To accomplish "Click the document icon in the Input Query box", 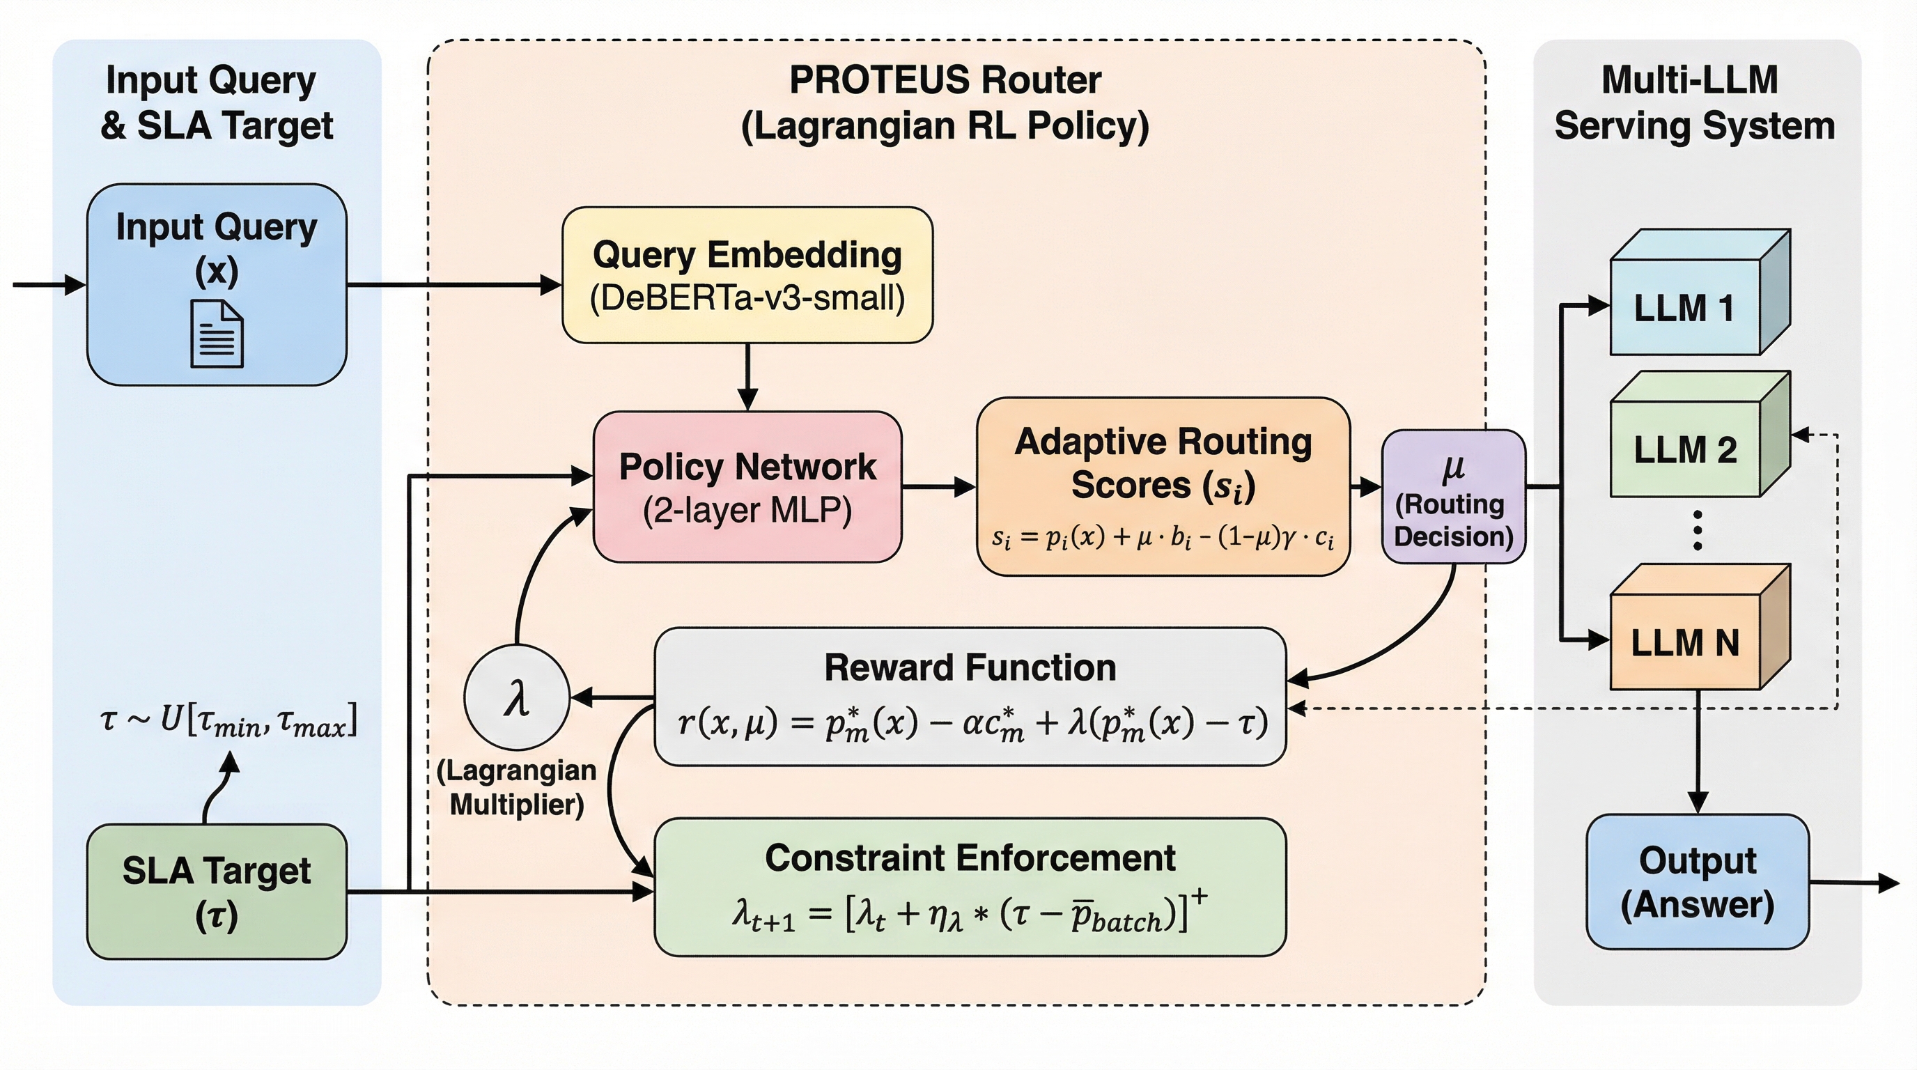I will pyautogui.click(x=217, y=334).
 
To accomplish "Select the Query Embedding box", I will pyautogui.click(x=747, y=275).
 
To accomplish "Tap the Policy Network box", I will pyautogui.click(x=747, y=488).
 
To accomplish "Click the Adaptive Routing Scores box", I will pyautogui.click(x=1163, y=488).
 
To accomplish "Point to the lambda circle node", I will pyautogui.click(x=516, y=698).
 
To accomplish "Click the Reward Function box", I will pyautogui.click(x=970, y=697).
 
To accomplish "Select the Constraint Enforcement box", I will pyautogui.click(x=970, y=887).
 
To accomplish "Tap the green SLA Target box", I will pyautogui.click(x=217, y=892).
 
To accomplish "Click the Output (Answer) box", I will pyautogui.click(x=1698, y=883).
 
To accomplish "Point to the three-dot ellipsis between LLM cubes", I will pyautogui.click(x=1698, y=531).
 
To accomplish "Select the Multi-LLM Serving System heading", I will pyautogui.click(x=1694, y=102).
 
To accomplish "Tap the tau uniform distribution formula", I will pyautogui.click(x=228, y=720).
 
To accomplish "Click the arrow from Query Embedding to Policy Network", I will pyautogui.click(x=747, y=378).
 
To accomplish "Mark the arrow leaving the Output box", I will pyautogui.click(x=1854, y=883).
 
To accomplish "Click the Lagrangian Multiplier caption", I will pyautogui.click(x=516, y=788).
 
